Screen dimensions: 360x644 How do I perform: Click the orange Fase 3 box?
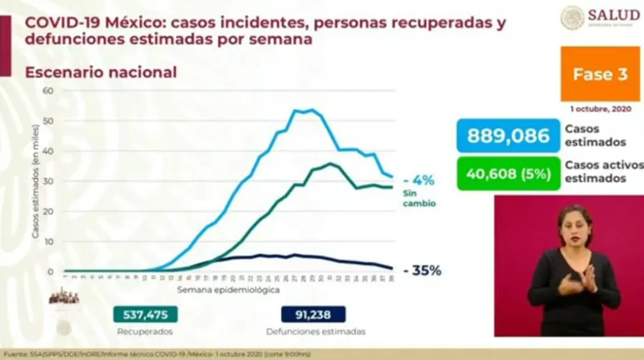600,74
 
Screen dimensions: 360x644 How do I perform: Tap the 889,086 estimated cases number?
509,136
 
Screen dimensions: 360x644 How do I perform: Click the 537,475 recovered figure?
145,314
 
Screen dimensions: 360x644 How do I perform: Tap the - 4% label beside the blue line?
419,180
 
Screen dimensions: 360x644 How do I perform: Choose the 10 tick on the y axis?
49,242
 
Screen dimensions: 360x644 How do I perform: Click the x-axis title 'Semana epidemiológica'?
230,291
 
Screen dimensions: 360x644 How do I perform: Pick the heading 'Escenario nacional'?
101,72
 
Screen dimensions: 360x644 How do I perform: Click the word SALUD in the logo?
613,14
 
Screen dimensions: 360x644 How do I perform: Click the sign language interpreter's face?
576,225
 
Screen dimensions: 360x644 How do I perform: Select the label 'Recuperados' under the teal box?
145,331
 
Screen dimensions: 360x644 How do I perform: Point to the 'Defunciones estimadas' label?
316,331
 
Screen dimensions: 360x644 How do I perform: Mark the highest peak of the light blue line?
311,110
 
